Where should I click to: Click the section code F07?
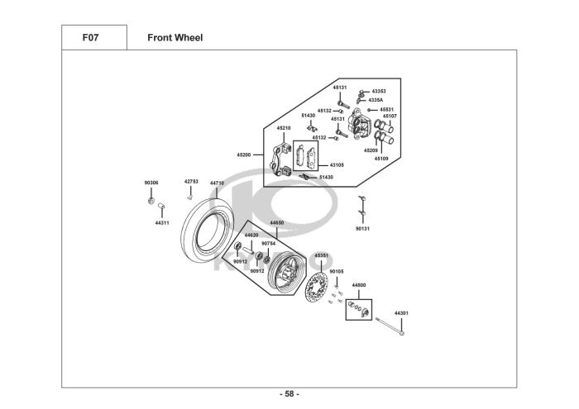click(90, 38)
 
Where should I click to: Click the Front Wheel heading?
click(175, 38)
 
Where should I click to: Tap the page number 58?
click(289, 394)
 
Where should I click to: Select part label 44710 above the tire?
click(217, 183)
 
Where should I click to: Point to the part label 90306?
click(151, 183)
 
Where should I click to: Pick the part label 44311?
click(162, 223)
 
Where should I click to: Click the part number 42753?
click(191, 182)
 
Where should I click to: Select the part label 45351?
click(321, 255)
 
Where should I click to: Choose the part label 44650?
click(277, 223)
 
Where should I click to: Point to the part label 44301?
click(401, 313)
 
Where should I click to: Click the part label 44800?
click(359, 285)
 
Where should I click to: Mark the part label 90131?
click(362, 229)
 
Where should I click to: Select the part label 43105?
click(337, 165)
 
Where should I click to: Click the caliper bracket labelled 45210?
click(280, 161)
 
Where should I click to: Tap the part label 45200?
click(244, 155)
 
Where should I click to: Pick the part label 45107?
click(390, 117)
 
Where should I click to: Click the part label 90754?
click(269, 244)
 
